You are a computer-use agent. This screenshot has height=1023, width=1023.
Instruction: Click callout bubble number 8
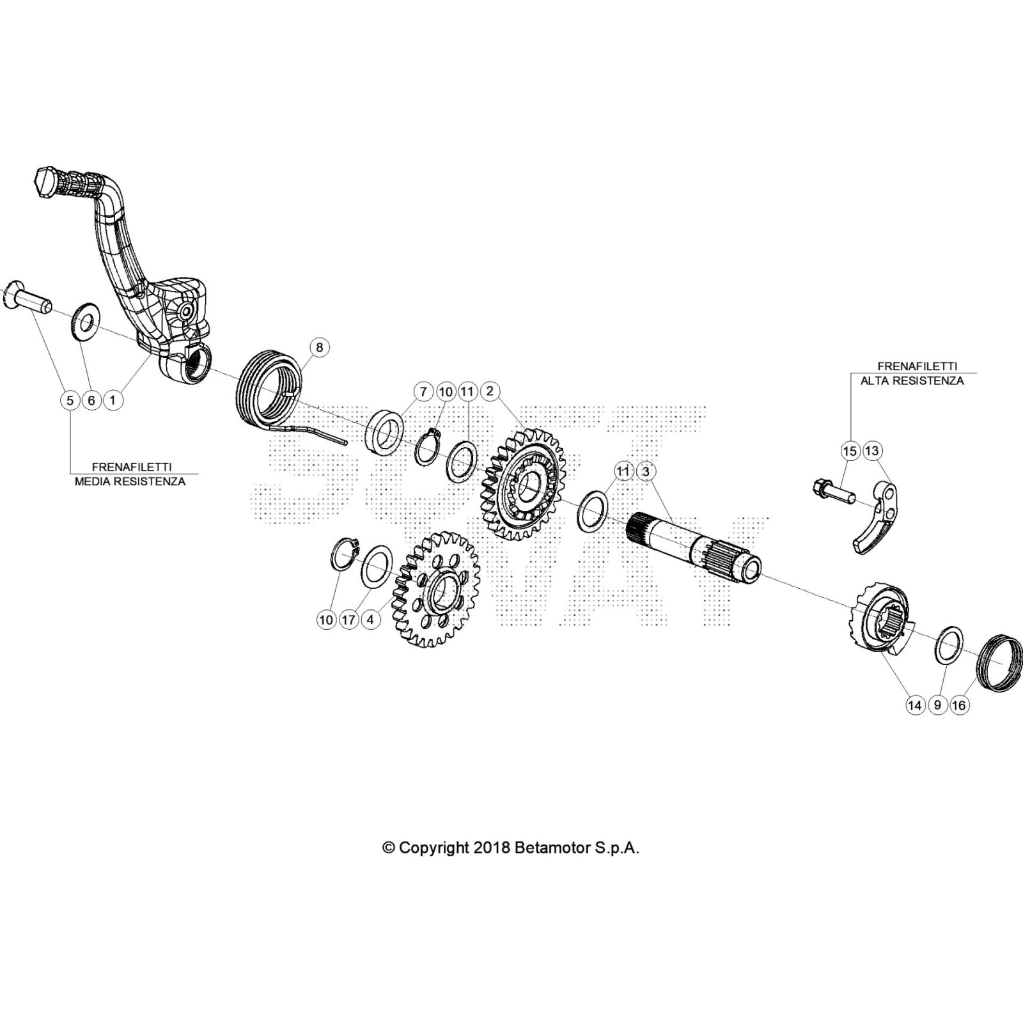[319, 347]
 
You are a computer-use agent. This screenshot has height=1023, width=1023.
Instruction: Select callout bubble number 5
[70, 400]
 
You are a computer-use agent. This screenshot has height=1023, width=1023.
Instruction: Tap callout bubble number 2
[490, 391]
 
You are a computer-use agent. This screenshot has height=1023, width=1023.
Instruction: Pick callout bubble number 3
[646, 471]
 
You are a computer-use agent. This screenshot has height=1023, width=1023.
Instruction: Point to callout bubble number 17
[348, 620]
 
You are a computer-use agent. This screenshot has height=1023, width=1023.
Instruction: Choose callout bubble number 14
[916, 705]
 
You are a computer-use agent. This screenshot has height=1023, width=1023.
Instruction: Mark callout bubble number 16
[958, 705]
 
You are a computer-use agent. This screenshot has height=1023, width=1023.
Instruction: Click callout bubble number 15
[850, 451]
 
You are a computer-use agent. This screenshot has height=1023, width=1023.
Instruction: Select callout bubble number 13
[871, 451]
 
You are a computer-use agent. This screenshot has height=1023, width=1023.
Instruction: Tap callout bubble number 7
[423, 391]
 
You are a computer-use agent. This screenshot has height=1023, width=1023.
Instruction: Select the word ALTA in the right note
[875, 381]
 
